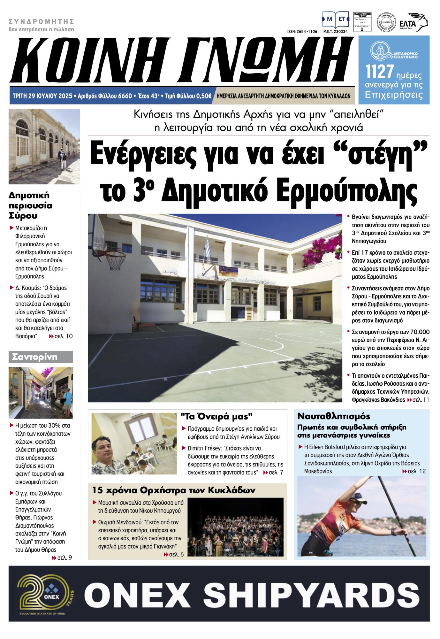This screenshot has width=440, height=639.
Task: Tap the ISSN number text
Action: (x=302, y=32)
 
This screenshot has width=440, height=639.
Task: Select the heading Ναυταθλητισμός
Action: (x=334, y=416)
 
